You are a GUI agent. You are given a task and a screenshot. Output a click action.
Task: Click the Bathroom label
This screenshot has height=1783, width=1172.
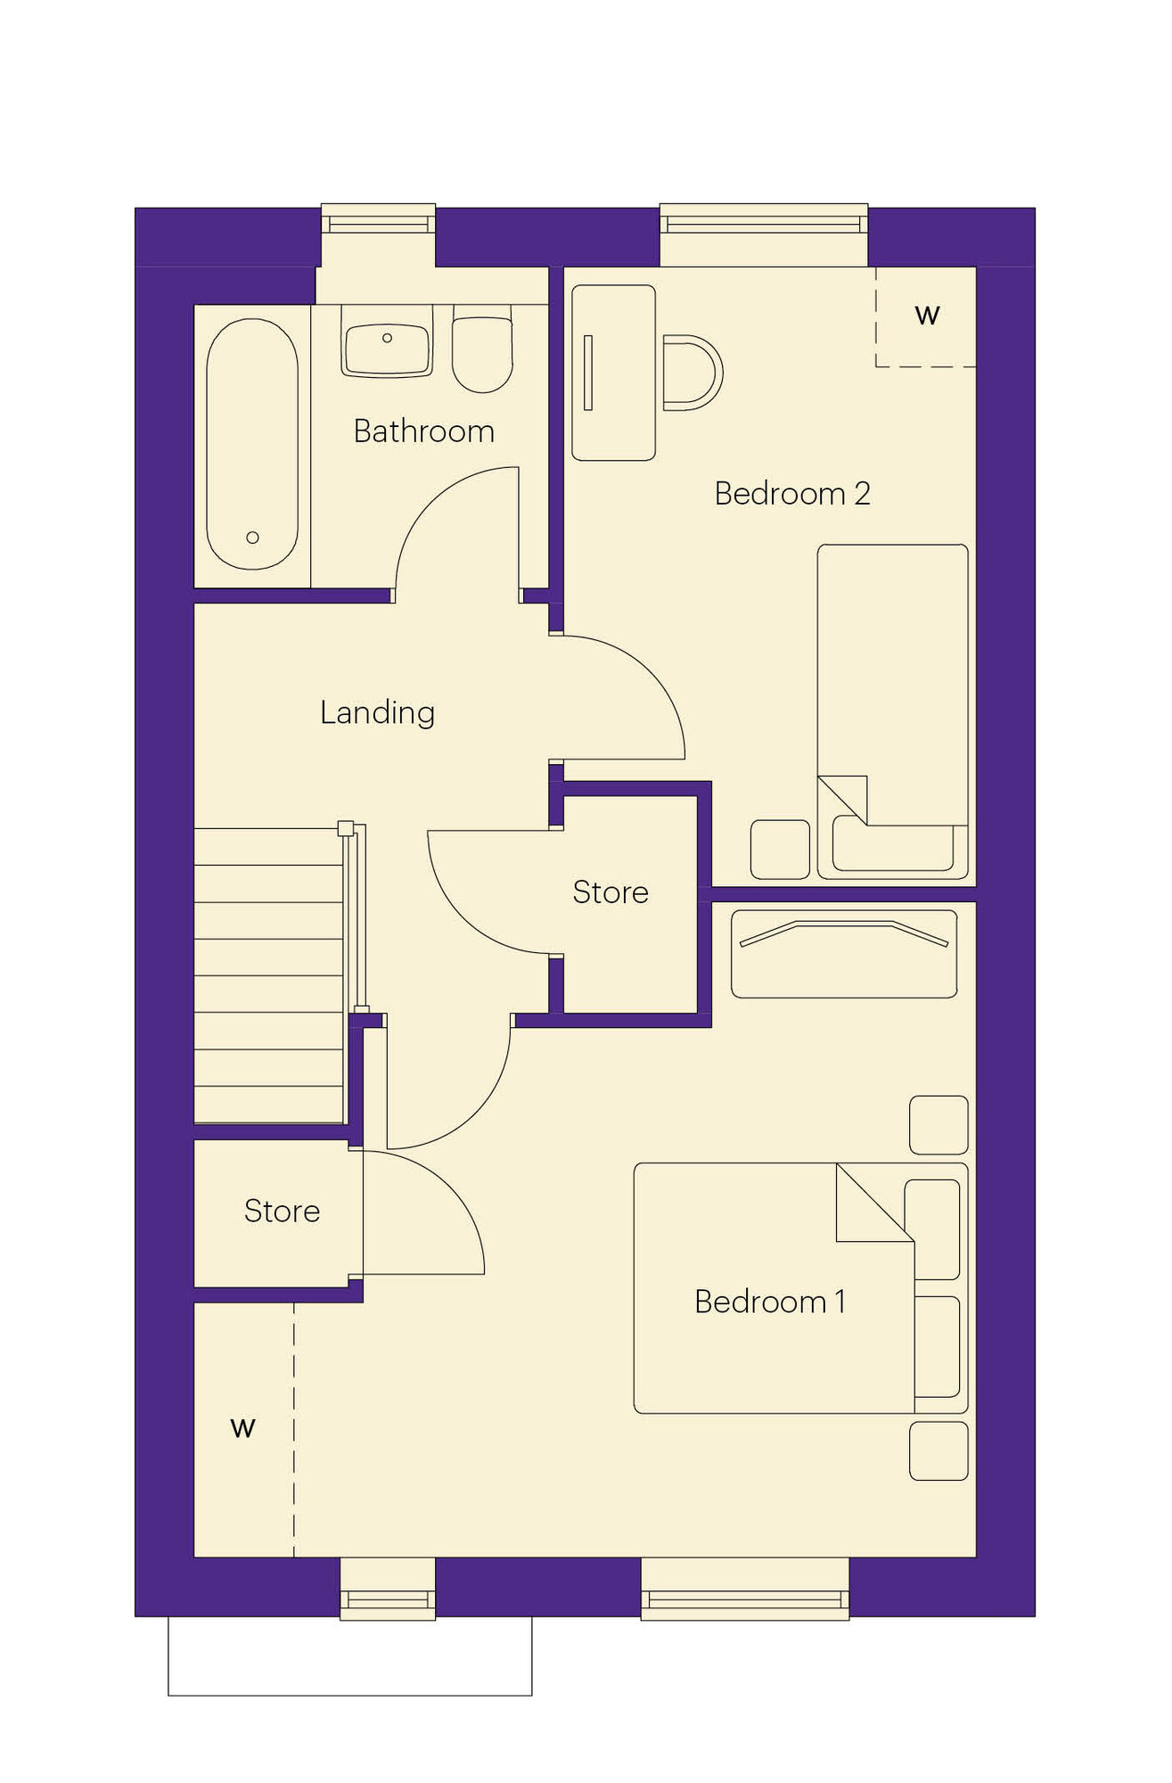click(x=423, y=431)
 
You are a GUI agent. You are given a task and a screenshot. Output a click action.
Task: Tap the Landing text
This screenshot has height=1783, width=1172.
click(x=378, y=712)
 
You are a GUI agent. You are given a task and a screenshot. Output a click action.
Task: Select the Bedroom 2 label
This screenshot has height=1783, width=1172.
click(x=792, y=493)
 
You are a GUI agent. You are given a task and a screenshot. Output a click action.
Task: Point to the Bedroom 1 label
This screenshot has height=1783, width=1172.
click(x=770, y=1302)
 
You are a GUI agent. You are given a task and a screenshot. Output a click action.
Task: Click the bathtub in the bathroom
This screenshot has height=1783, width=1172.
click(x=252, y=444)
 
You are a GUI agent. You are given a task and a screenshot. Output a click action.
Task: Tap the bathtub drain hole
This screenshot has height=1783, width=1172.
click(x=252, y=538)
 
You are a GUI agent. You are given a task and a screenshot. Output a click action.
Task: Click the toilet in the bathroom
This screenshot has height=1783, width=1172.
click(x=482, y=349)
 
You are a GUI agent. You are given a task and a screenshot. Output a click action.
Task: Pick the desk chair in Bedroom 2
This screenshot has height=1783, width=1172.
click(x=693, y=373)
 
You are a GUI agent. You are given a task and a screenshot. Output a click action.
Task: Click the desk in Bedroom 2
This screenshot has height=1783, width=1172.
click(x=613, y=373)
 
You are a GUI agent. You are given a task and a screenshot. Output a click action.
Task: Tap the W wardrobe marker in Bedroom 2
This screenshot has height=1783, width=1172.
click(x=927, y=315)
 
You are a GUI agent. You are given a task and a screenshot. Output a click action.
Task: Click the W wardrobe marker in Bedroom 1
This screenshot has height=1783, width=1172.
click(x=242, y=1427)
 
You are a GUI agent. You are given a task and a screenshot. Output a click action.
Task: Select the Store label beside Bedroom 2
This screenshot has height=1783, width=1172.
click(x=611, y=891)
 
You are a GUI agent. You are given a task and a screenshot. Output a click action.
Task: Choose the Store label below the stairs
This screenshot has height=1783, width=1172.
click(x=282, y=1211)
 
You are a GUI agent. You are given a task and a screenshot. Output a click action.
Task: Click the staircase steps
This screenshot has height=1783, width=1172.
click(x=269, y=975)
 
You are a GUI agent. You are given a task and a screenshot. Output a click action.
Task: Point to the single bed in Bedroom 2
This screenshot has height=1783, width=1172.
click(x=892, y=711)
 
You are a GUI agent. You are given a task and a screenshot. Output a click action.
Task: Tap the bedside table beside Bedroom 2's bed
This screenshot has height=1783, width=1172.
click(x=780, y=850)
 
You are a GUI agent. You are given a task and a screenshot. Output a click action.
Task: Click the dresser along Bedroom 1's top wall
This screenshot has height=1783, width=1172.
click(x=844, y=953)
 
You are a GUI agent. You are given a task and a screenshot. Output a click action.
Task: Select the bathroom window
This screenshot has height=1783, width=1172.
click(x=378, y=218)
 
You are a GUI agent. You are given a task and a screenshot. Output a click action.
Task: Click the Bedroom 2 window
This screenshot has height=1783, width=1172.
click(x=764, y=218)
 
